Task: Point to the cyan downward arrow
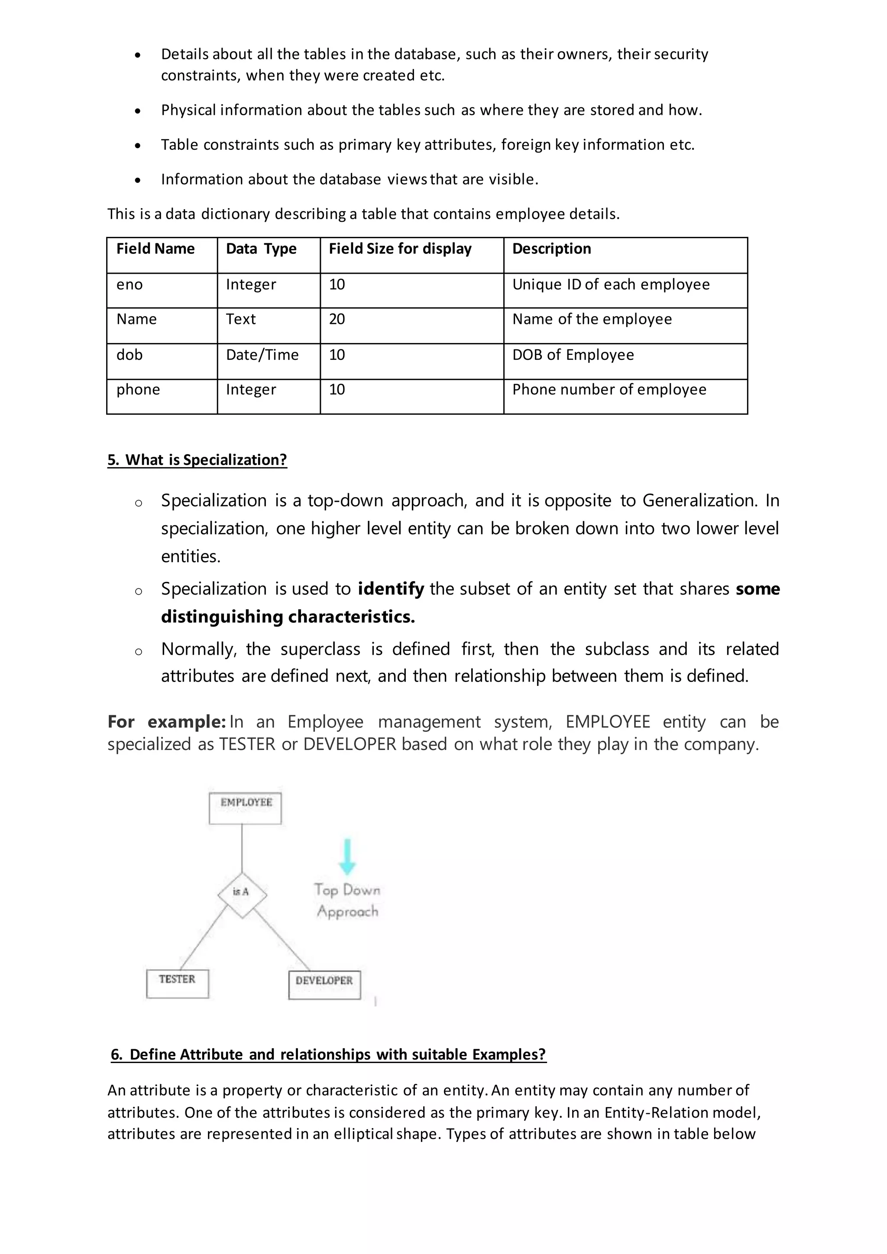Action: [347, 856]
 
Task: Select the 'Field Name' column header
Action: [155, 249]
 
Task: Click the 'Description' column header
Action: [552, 249]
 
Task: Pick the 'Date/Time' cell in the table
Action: [262, 355]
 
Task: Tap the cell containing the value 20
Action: [337, 320]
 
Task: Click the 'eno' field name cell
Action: [129, 284]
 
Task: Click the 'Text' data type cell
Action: [241, 320]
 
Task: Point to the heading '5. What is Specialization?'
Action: [197, 460]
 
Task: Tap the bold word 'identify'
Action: [391, 589]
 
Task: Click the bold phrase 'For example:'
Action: [167, 722]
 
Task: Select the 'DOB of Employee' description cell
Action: [573, 355]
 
